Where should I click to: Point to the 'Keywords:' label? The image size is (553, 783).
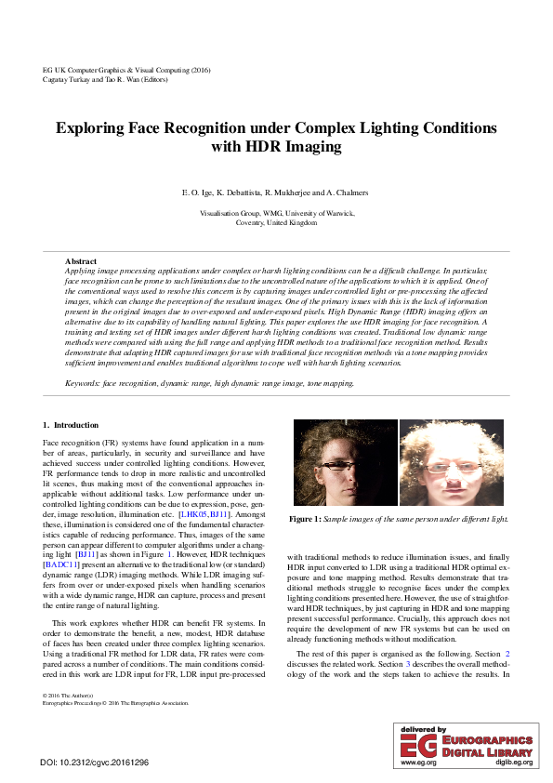pos(83,383)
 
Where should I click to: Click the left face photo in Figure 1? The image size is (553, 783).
pos(344,463)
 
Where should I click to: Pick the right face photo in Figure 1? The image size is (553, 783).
pos(452,463)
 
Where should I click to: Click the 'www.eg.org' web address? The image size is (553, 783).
pos(417,762)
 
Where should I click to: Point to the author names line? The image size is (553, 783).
pos(276,192)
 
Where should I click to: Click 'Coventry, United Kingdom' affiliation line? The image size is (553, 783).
pos(276,223)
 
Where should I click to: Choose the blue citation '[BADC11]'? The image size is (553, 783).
pos(61,564)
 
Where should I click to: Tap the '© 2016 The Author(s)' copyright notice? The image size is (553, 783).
pos(72,696)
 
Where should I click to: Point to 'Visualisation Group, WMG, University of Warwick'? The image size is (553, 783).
pos(276,213)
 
